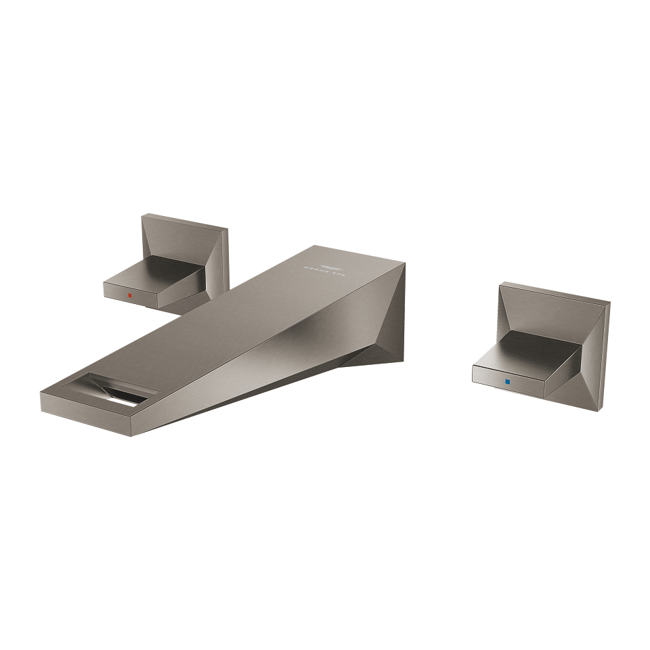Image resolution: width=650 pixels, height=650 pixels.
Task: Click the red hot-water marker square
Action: tap(129, 296)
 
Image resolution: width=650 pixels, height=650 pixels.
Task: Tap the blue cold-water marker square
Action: tap(507, 383)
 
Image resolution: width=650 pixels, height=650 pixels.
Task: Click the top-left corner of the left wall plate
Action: tap(143, 216)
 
